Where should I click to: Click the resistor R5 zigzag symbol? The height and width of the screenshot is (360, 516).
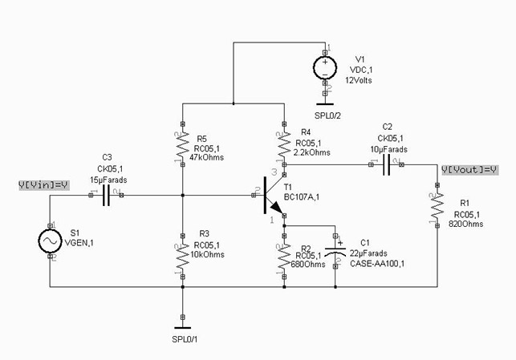coord(183,147)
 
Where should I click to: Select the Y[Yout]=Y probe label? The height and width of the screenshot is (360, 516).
coord(469,170)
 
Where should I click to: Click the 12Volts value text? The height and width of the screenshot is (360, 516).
coord(360,80)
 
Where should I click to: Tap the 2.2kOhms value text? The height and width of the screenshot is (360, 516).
coord(314,152)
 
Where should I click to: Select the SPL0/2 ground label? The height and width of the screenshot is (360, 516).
coord(328,115)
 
